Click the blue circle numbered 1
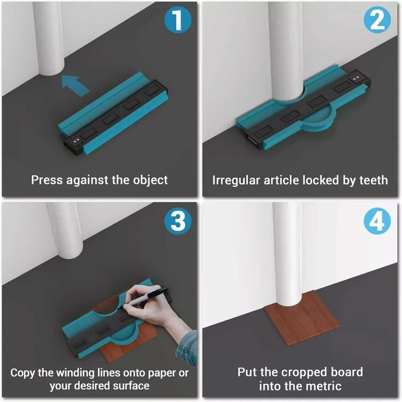click(178, 20)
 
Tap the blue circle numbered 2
click(377, 20)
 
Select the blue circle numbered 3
click(178, 221)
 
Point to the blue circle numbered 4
click(377, 221)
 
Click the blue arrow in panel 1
click(76, 86)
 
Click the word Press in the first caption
click(47, 180)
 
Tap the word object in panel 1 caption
click(150, 180)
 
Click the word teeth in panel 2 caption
click(373, 180)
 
